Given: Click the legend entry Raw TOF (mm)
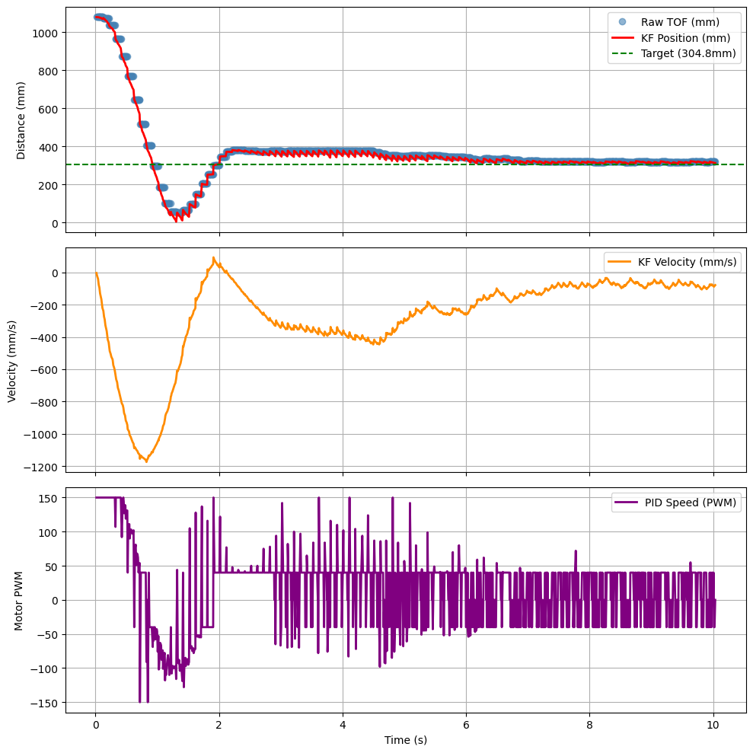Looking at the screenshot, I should pos(679,21).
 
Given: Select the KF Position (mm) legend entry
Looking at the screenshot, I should pos(685,38).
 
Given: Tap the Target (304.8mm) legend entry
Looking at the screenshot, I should pos(689,55).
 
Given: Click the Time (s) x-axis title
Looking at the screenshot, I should pos(405,740).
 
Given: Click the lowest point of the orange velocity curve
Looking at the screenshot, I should pos(146,461).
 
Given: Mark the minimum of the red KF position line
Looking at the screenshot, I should pos(176,221).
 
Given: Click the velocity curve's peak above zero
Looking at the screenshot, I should pos(214,257).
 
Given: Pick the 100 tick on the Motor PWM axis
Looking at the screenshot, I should pos(49,531).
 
